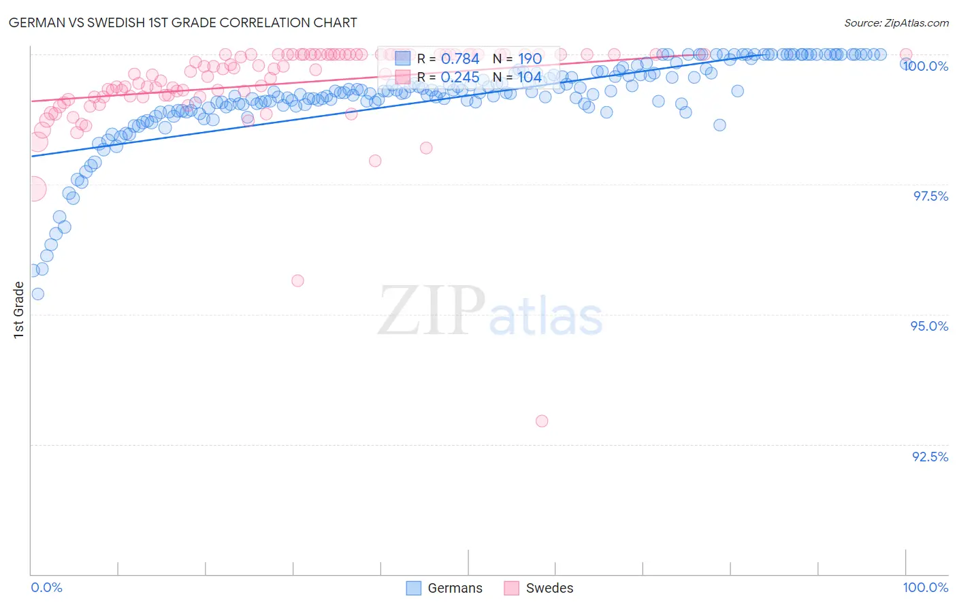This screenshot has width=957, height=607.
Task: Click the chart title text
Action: (182, 22)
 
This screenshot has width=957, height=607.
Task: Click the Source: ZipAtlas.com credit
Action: (896, 23)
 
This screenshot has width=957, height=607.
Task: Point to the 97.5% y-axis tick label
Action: (930, 196)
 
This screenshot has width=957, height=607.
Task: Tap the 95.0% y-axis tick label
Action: (929, 326)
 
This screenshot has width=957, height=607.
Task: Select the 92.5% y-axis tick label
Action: (930, 457)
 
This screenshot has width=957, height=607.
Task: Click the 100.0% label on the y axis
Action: (926, 66)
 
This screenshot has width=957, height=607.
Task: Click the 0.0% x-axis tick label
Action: (47, 587)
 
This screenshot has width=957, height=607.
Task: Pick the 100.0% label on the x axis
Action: (925, 587)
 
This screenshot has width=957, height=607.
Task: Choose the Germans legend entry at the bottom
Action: (444, 588)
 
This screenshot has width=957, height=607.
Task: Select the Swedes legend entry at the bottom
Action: (539, 588)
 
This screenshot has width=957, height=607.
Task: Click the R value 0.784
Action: (460, 59)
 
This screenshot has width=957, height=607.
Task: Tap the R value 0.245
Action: (460, 78)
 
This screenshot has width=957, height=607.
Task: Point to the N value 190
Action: (530, 59)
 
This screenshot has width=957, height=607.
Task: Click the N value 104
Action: (530, 78)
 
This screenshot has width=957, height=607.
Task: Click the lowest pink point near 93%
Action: (542, 421)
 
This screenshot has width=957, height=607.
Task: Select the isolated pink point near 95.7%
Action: (297, 280)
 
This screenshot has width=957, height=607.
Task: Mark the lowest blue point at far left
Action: (38, 294)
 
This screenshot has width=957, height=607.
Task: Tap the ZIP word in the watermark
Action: (431, 311)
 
